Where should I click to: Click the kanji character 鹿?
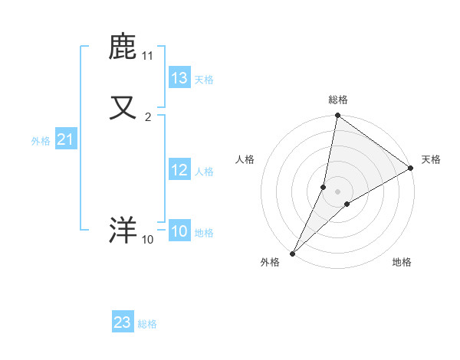point(123,47)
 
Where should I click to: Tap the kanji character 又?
point(123,108)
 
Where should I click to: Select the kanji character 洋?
point(123,231)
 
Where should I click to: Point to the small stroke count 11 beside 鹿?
point(148,56)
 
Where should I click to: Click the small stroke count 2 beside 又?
point(148,117)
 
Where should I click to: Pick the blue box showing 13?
point(179,78)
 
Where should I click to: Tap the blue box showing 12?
point(179,170)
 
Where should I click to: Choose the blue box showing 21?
point(65,139)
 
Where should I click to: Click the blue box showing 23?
point(123,322)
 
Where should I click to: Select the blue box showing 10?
point(179,231)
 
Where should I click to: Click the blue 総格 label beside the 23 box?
point(147,324)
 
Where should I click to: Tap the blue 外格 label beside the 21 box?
point(41,141)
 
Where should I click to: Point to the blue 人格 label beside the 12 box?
point(205,172)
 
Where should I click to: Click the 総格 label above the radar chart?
point(338,100)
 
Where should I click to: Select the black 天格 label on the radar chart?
point(431,159)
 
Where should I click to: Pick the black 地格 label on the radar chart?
point(402,262)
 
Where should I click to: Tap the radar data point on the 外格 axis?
point(292,253)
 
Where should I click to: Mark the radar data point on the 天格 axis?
point(411,168)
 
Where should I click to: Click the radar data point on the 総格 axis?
point(337,116)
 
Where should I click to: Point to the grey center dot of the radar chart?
point(337,191)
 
